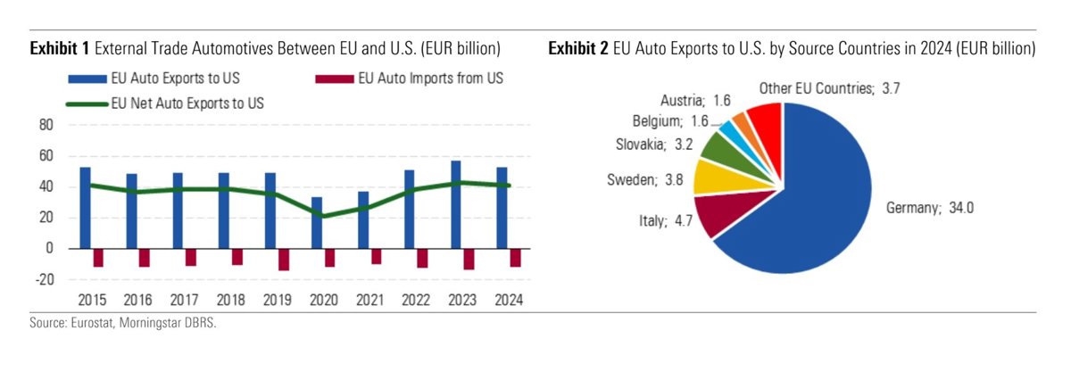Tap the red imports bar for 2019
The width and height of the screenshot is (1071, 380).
point(284,259)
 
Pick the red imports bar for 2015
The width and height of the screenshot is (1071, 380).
point(98,257)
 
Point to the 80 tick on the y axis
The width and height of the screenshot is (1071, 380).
point(47,126)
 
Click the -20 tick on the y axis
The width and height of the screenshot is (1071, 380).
point(45,279)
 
